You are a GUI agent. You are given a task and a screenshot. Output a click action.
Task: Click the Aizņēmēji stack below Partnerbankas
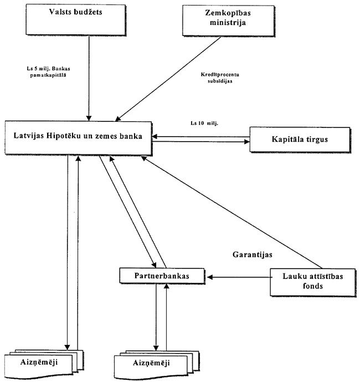tap(158, 364)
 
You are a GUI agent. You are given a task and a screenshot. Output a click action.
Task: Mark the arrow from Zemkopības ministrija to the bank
tap(166, 78)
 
